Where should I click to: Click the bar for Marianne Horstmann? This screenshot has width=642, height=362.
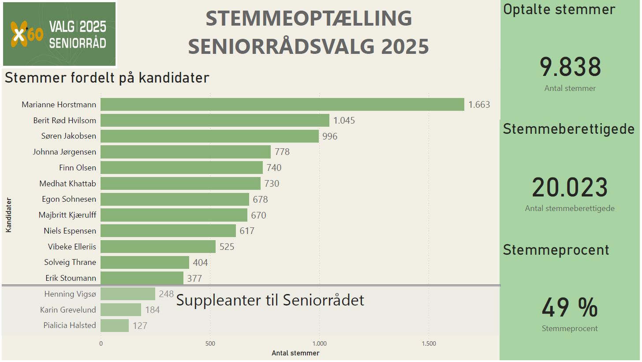click(x=282, y=104)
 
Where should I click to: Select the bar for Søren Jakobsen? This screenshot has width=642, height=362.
click(x=209, y=136)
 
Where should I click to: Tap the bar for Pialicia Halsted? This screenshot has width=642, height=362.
click(x=115, y=325)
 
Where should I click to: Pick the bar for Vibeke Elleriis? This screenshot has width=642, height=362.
click(x=158, y=246)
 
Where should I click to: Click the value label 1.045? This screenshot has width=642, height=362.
click(x=344, y=121)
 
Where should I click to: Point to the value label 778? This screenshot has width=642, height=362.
click(x=282, y=152)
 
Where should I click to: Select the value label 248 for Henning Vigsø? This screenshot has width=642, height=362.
click(x=166, y=294)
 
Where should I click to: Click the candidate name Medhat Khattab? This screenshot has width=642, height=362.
click(x=67, y=183)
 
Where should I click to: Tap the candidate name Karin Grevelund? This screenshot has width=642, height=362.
click(x=68, y=309)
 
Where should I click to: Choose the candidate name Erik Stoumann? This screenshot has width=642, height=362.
click(x=71, y=278)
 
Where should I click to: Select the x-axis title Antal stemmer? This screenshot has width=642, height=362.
click(x=295, y=353)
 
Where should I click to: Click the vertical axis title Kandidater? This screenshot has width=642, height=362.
click(x=8, y=215)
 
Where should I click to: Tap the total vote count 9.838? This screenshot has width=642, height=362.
click(x=570, y=68)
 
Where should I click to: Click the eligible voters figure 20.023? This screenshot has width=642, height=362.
click(x=570, y=188)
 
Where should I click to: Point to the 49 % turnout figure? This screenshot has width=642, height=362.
click(x=570, y=308)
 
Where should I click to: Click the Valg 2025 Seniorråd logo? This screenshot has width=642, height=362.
click(x=59, y=34)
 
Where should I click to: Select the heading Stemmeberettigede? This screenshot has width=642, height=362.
click(x=569, y=129)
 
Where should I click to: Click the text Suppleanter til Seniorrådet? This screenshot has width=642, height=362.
click(x=270, y=300)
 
